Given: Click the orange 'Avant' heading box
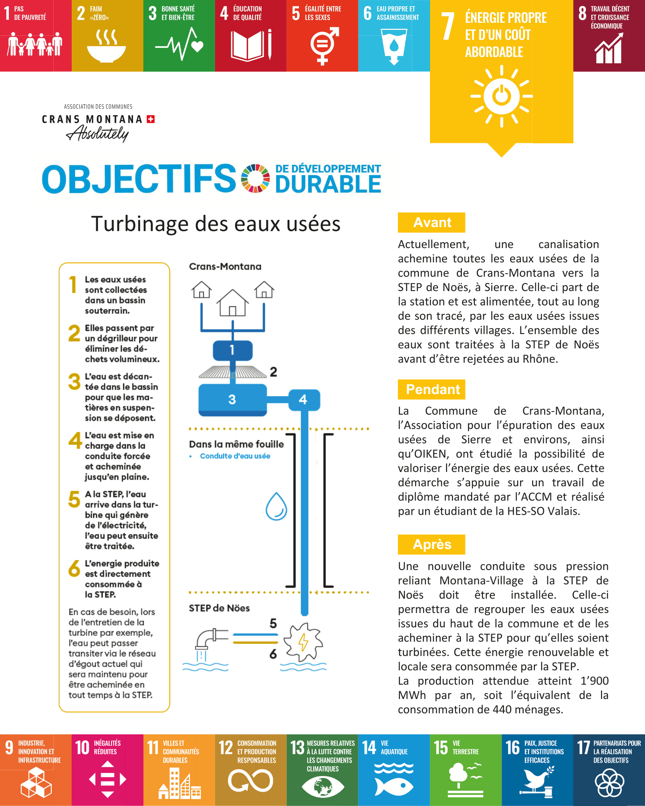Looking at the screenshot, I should tap(431, 223).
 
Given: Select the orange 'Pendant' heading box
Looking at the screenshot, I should tap(431, 389).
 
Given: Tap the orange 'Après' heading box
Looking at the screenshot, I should tap(431, 544).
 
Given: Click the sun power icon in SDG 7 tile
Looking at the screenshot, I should tap(501, 96).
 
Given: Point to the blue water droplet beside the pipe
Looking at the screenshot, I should tap(276, 506).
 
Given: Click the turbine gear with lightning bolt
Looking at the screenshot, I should tap(303, 642).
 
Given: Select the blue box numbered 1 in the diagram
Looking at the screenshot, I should tap(232, 350).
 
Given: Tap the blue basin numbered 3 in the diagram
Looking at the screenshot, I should tap(232, 399).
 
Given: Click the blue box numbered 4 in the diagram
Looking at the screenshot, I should tap(304, 399).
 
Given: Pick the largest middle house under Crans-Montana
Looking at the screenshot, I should tap(232, 303).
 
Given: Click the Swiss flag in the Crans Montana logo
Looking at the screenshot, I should tap(151, 119).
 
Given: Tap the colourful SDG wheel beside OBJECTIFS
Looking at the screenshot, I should tap(255, 178).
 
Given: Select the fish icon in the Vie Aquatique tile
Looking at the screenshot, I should tap(394, 786).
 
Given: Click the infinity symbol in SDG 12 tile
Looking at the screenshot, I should tap(250, 781).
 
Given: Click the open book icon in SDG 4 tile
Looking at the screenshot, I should tap(247, 46).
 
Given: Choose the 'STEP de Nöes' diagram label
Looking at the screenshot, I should tap(219, 608).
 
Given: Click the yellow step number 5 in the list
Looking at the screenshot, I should tap(74, 499).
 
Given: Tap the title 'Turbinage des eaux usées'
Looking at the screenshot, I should tap(216, 223).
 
